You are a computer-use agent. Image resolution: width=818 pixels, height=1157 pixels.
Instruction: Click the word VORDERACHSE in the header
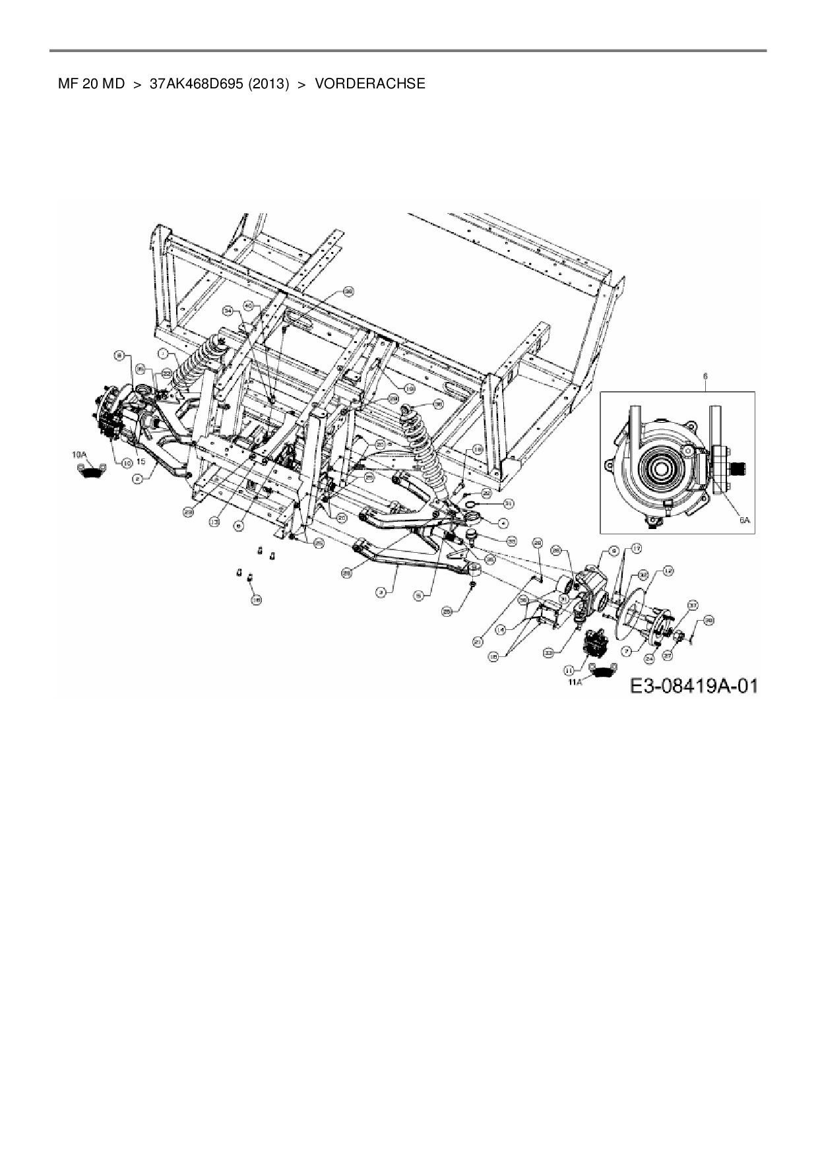pos(369,84)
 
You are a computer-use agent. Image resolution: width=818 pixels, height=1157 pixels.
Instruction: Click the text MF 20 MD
pos(91,84)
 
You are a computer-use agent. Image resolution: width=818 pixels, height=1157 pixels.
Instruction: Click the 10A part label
pos(79,454)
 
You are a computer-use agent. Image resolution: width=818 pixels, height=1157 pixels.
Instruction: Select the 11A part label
pos(575,682)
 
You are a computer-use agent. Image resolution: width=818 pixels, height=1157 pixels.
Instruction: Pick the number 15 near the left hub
pos(141,462)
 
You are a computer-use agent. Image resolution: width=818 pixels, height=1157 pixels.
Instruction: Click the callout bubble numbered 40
pos(249,305)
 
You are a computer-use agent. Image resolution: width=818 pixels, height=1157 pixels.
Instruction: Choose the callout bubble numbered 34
pos(228,309)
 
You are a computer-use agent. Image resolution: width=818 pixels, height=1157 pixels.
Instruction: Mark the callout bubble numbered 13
pos(214,521)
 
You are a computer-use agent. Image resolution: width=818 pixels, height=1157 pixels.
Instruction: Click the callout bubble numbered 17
pos(637,549)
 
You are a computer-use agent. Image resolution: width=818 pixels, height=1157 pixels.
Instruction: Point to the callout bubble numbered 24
pos(649,658)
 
